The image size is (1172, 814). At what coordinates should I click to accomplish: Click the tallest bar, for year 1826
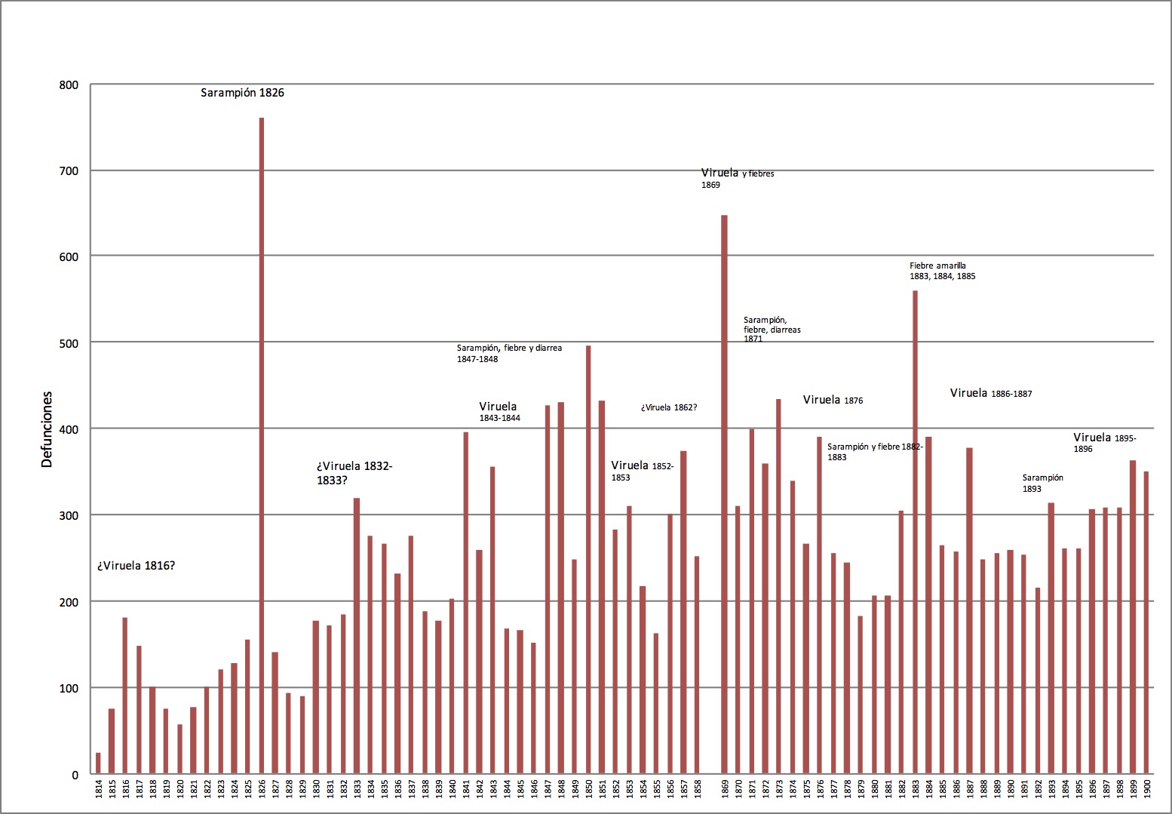[262, 445]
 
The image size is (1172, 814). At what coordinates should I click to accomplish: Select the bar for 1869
[724, 494]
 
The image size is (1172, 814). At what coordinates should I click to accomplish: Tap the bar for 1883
[915, 532]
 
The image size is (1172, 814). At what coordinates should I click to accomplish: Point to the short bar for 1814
[98, 763]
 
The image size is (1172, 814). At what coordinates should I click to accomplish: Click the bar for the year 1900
[1146, 622]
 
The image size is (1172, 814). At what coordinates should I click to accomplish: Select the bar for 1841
[466, 603]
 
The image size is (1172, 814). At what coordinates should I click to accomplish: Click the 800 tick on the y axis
[69, 85]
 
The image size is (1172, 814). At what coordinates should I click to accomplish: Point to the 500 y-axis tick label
[69, 343]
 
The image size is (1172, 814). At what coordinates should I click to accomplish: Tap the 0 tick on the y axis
[75, 775]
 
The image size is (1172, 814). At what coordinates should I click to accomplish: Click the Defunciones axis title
[48, 429]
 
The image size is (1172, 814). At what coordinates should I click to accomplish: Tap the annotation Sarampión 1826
[242, 93]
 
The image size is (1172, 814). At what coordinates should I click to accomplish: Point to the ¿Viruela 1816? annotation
[136, 566]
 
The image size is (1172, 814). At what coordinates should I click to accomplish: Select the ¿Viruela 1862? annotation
[669, 407]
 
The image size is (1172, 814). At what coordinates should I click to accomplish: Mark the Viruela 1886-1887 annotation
[990, 393]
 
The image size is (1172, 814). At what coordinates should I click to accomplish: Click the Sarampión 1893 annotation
[1042, 483]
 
